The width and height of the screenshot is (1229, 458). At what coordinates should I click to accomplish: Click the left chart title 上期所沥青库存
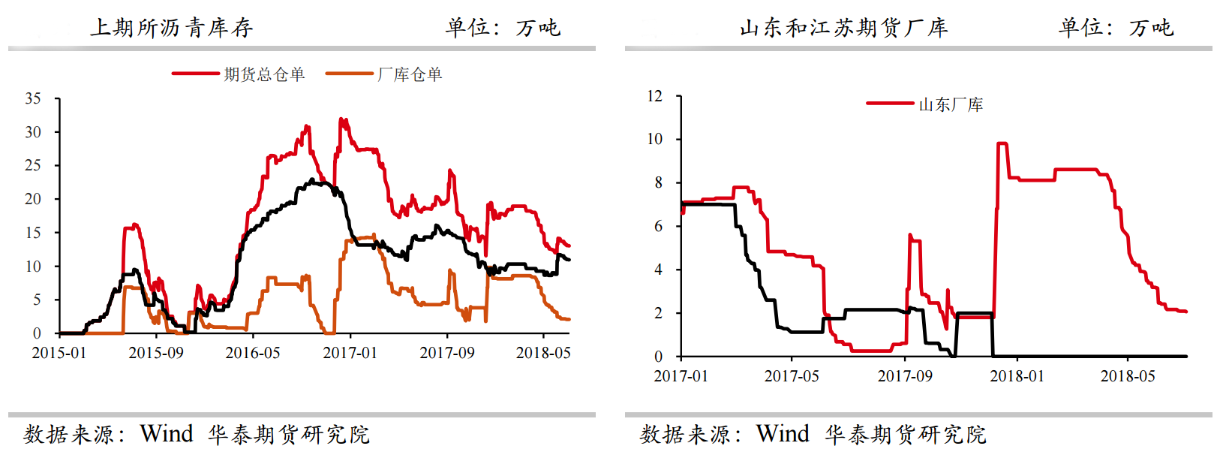pyautogui.click(x=172, y=28)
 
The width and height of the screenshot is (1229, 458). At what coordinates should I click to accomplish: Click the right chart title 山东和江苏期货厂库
pyautogui.click(x=844, y=28)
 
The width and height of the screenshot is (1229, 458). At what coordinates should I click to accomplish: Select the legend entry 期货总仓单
pyautogui.click(x=264, y=74)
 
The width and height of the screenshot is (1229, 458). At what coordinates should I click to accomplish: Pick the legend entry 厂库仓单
pyautogui.click(x=410, y=74)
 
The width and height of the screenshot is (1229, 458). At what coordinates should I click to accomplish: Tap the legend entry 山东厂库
pyautogui.click(x=951, y=104)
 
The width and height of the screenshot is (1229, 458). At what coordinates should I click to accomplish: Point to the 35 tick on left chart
pyautogui.click(x=33, y=98)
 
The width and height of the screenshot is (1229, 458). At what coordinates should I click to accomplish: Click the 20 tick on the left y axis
pyautogui.click(x=33, y=199)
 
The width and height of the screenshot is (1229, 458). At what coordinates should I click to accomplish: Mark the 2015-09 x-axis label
pyautogui.click(x=156, y=353)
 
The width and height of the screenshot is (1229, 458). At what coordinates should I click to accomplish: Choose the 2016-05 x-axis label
pyautogui.click(x=253, y=353)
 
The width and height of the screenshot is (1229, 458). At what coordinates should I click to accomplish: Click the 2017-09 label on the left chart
pyautogui.click(x=447, y=353)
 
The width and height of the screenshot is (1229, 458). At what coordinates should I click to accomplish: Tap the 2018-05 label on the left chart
pyautogui.click(x=543, y=353)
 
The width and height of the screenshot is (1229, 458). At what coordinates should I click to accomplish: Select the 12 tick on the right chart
pyautogui.click(x=655, y=96)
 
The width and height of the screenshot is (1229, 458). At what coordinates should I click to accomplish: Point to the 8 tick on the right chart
pyautogui.click(x=659, y=182)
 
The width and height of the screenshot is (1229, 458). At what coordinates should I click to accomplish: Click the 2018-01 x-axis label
pyautogui.click(x=1017, y=376)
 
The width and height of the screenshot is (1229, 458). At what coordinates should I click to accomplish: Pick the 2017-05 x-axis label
pyautogui.click(x=792, y=376)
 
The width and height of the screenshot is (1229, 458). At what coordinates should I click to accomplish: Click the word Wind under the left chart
pyautogui.click(x=167, y=434)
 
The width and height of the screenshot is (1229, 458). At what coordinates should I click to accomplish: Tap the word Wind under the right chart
pyautogui.click(x=783, y=434)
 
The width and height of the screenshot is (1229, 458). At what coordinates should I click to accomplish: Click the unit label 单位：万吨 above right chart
pyautogui.click(x=1116, y=28)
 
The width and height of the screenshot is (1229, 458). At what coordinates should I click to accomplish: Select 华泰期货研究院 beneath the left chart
pyautogui.click(x=289, y=435)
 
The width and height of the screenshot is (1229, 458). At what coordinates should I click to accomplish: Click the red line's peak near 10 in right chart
pyautogui.click(x=1002, y=143)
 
